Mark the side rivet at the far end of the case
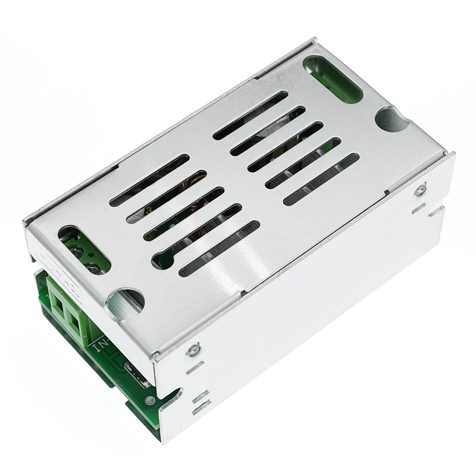pos(420,190)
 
